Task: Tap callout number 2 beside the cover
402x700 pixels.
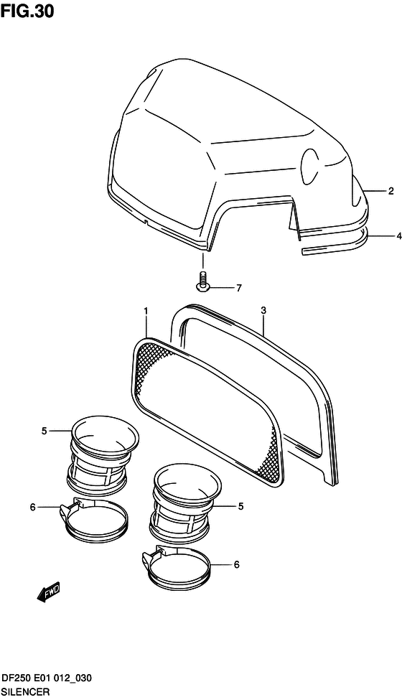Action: (391, 191)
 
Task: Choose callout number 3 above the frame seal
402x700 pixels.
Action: (263, 310)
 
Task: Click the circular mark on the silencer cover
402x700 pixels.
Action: (313, 165)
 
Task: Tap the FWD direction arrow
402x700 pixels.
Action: (48, 594)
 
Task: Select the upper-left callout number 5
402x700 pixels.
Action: (44, 431)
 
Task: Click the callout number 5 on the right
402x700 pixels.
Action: (240, 506)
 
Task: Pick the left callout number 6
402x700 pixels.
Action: (32, 508)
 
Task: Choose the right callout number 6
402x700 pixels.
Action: (236, 565)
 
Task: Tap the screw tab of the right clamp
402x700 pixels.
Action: (150, 558)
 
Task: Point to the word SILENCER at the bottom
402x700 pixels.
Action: (29, 691)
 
